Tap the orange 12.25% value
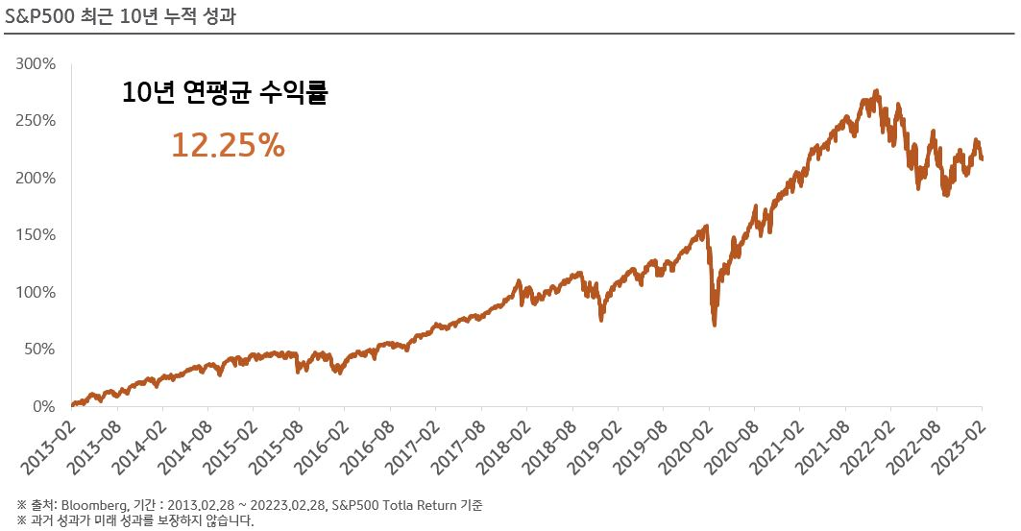coord(228,145)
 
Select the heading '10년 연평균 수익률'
coord(225,93)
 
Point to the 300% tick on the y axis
coord(36,64)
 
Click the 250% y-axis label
coord(36,121)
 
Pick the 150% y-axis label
coord(36,235)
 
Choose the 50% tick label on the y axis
coord(39,350)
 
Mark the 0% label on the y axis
coord(44,406)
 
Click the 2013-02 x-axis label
coord(46,447)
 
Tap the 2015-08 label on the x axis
coord(274,447)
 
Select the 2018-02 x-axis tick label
coord(501,447)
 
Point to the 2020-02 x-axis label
coord(684,447)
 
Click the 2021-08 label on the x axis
coord(820,447)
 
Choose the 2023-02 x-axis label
coord(957,447)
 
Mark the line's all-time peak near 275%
coord(876,91)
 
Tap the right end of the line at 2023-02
coord(981,159)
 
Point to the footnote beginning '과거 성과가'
coord(134,521)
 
